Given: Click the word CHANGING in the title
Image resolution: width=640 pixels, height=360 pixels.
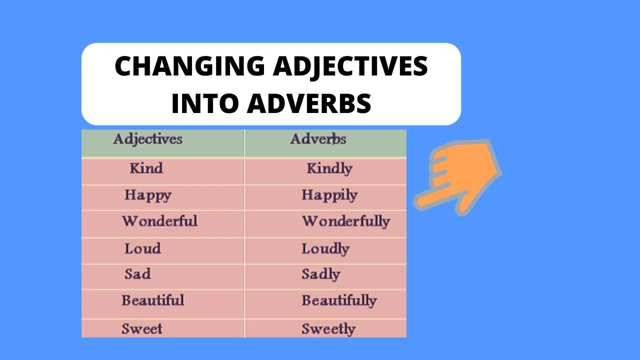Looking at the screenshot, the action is tap(189, 66).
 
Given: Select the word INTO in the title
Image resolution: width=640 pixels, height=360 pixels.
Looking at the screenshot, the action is tap(204, 103).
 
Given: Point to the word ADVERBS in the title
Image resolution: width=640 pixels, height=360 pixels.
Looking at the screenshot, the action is tap(309, 103).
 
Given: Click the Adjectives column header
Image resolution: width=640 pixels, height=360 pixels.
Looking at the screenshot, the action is tap(147, 139).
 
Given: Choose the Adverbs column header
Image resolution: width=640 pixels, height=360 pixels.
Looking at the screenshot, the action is tap(318, 139).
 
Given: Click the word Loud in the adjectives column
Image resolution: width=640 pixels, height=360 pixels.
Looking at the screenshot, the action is tap(142, 248).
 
